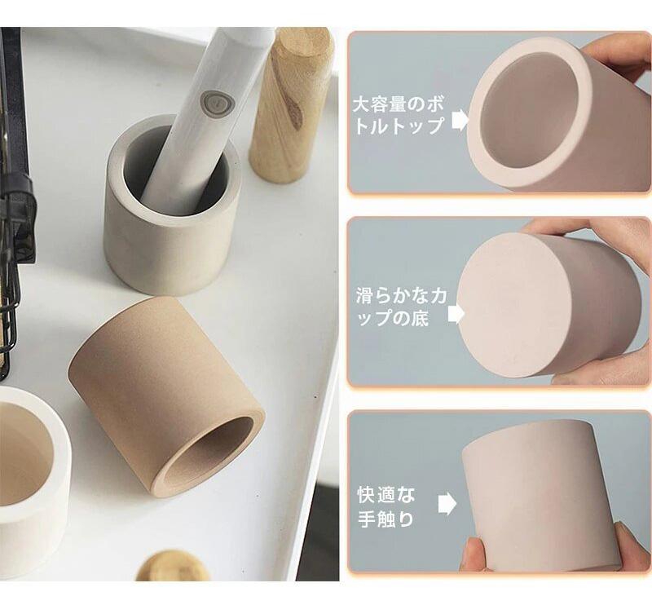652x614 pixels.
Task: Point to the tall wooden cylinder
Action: tap(291, 104)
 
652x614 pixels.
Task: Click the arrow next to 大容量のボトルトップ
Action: tap(460, 120)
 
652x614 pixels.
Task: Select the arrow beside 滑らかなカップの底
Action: tap(456, 314)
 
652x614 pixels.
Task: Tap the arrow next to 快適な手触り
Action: tap(447, 503)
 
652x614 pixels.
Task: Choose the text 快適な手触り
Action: tap(386, 507)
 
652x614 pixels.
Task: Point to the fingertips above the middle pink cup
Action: tap(553, 227)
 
